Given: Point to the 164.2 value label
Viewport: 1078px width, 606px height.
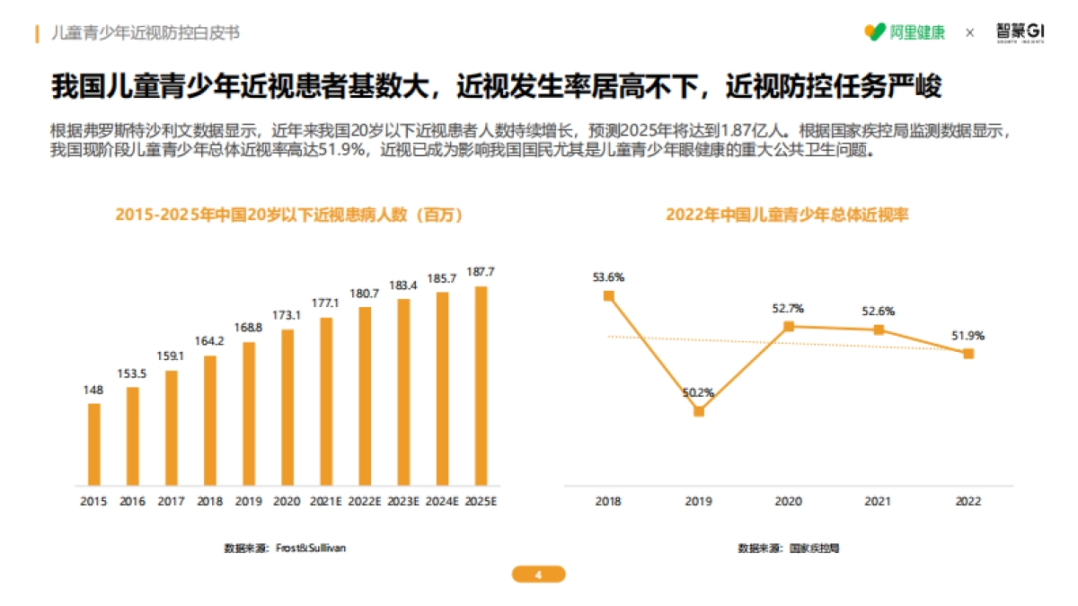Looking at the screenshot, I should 209,341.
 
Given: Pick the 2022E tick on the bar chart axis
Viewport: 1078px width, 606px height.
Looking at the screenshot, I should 365,501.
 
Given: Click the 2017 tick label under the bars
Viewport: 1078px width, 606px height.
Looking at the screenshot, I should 171,501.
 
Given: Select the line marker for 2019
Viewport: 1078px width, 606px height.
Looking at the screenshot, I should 699,411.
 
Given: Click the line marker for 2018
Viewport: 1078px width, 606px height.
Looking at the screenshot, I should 609,295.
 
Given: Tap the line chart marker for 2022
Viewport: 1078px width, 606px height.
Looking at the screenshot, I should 968,354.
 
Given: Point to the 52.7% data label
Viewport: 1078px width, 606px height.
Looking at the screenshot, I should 788,309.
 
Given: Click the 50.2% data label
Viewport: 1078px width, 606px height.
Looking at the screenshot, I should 698,392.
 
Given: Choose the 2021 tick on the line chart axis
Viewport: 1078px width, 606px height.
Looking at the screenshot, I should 878,501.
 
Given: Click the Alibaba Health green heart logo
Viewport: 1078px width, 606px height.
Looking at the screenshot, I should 874,32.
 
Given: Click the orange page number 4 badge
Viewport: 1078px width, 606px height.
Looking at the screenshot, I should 538,575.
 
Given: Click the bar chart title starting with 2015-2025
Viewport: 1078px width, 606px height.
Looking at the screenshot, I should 288,215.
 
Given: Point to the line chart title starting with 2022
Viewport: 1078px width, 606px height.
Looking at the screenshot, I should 787,215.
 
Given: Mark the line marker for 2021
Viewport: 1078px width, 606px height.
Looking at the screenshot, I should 879,329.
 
